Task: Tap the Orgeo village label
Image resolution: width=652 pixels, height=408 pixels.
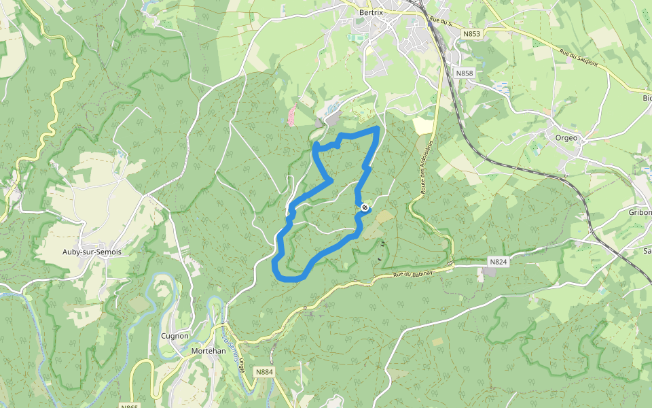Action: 566,137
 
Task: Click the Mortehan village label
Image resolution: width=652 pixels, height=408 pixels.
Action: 209,351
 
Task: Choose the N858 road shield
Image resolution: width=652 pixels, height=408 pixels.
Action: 465,73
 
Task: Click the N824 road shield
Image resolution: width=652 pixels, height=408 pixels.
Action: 499,261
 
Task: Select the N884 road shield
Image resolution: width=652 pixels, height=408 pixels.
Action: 265,372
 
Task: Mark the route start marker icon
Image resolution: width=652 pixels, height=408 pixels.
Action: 365,207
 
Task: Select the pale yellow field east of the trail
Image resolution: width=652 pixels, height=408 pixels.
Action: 422,125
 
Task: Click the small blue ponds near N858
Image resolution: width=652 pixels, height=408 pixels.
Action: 502,88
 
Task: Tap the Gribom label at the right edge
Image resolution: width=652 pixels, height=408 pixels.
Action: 640,212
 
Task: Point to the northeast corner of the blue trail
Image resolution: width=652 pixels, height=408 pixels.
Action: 378,128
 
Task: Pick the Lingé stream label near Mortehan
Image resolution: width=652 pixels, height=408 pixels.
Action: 242,360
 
